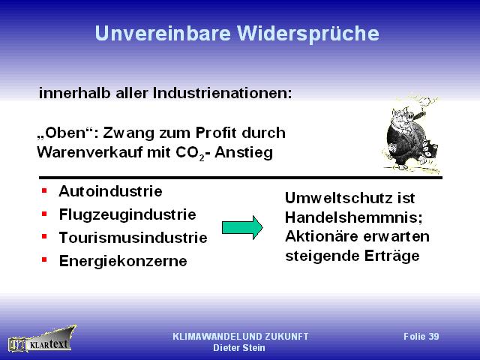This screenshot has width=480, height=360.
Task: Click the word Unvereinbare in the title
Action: (x=163, y=33)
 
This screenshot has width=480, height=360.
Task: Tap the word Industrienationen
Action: (x=223, y=93)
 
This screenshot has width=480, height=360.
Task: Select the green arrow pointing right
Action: (x=242, y=227)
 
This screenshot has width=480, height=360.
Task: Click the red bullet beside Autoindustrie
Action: (x=44, y=190)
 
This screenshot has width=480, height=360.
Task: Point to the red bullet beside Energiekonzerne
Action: (x=44, y=260)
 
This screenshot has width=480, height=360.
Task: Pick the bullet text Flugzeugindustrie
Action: (x=127, y=215)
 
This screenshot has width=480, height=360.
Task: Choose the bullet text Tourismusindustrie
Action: (x=133, y=238)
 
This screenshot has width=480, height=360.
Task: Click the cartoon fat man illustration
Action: (x=411, y=135)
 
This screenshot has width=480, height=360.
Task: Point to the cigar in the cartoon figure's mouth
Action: (x=419, y=115)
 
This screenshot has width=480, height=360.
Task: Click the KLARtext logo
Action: (x=42, y=339)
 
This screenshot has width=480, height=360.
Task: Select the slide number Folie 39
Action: (x=421, y=337)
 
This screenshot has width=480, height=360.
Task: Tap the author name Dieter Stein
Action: (x=239, y=348)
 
